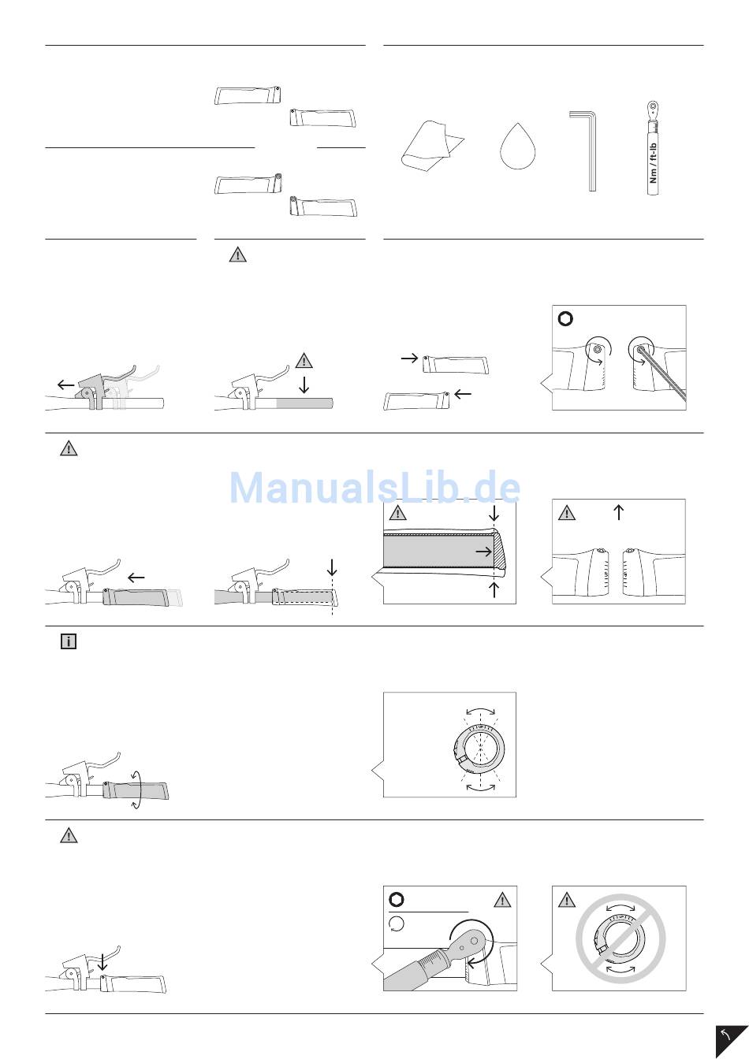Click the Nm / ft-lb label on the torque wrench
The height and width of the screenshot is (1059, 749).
[652, 161]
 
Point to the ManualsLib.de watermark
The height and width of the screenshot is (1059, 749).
[374, 489]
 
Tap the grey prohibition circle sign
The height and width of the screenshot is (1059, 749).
[619, 938]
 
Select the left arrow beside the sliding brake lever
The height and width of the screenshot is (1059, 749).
[66, 384]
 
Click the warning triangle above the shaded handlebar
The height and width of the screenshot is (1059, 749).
[304, 362]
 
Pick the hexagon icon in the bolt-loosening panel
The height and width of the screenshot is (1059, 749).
[565, 319]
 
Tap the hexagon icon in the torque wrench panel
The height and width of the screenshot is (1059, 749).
[397, 900]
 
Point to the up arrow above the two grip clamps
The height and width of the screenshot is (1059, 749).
[619, 512]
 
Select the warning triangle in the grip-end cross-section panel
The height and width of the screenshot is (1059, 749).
[397, 514]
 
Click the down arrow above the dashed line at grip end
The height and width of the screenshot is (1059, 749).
[332, 567]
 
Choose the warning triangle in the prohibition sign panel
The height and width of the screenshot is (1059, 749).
[565, 900]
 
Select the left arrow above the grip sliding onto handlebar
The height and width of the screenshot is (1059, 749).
[136, 578]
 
